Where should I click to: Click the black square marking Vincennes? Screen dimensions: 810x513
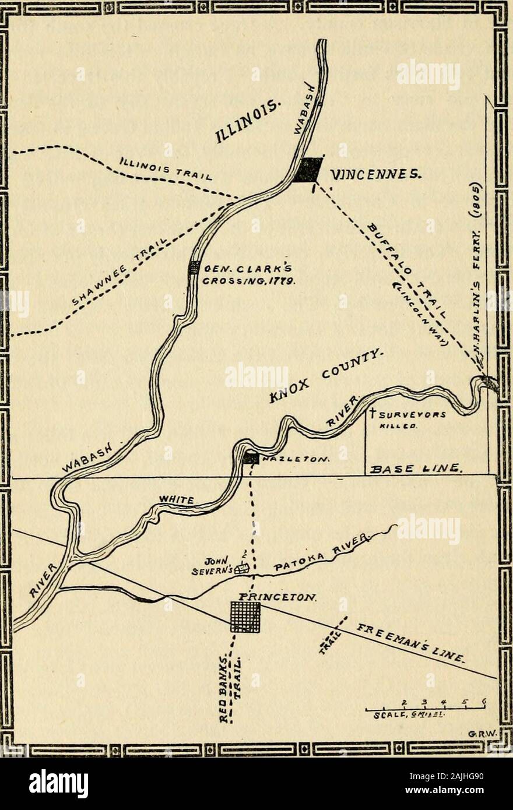tap(307, 170)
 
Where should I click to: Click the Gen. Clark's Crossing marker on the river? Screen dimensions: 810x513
tap(194, 267)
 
